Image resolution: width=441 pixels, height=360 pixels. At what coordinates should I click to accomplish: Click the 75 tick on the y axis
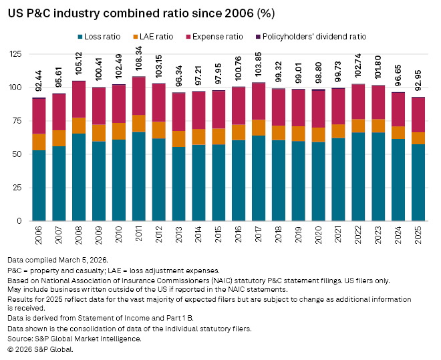click(x=20, y=121)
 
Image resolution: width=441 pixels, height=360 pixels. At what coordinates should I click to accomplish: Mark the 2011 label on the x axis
click(x=140, y=234)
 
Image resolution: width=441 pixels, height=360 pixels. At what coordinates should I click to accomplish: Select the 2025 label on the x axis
click(x=418, y=234)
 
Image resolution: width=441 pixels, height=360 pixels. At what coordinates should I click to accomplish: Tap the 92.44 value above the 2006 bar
click(x=39, y=83)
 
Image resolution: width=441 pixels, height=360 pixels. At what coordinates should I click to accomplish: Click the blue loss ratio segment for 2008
click(x=79, y=177)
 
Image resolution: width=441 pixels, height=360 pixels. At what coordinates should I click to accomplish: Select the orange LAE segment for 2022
click(x=358, y=126)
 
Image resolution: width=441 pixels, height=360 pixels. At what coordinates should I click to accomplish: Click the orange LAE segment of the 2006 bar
click(x=39, y=142)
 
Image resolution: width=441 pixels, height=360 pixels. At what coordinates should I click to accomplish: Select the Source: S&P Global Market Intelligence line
click(x=73, y=339)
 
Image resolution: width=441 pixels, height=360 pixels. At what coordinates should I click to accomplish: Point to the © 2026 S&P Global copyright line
click(x=40, y=348)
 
